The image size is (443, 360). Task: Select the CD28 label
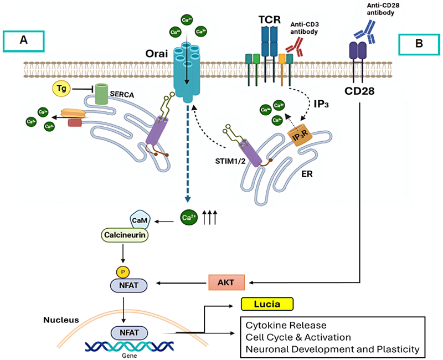(x=361, y=88)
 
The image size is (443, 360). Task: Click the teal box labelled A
(x=23, y=42)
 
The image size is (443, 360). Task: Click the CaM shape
(x=138, y=220)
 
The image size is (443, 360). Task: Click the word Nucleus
(x=60, y=320)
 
